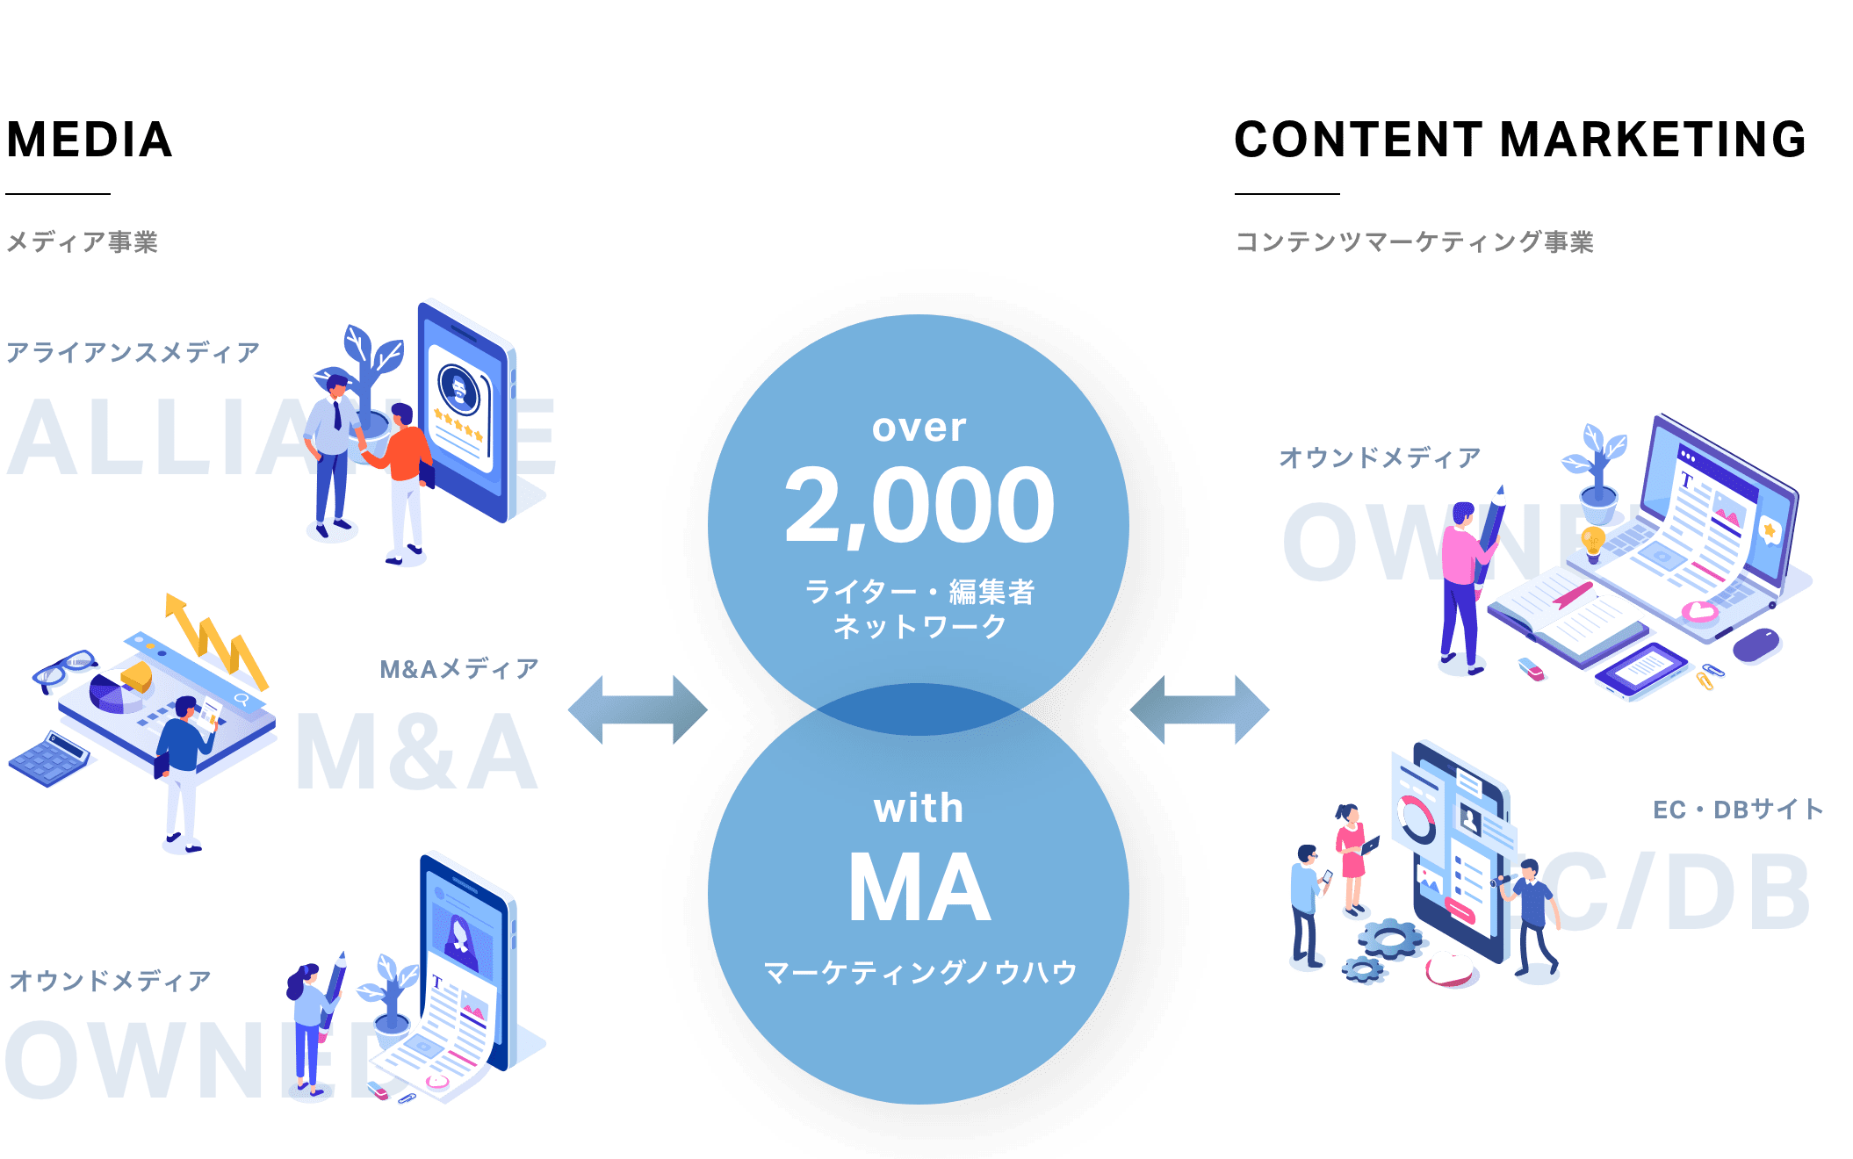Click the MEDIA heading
click(x=90, y=140)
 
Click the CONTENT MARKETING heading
click(x=1520, y=140)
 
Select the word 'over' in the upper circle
click(x=919, y=428)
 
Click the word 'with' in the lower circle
click(x=919, y=809)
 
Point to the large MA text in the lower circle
click(x=919, y=889)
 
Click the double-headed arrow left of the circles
click(x=638, y=709)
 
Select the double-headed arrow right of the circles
click(x=1200, y=709)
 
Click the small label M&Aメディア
click(x=458, y=669)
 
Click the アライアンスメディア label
click(x=133, y=353)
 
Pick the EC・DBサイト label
click(x=1738, y=810)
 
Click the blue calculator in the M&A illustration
click(x=51, y=758)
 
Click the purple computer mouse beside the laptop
click(x=1756, y=645)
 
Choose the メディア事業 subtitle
click(x=82, y=242)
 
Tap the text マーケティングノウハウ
click(x=919, y=973)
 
